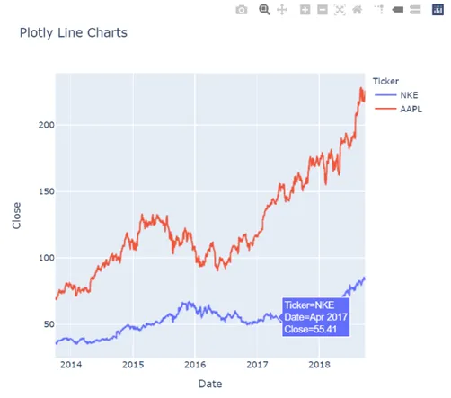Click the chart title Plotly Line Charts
point(73,33)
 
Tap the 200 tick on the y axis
point(38,125)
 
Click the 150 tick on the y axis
point(38,191)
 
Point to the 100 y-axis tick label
point(38,258)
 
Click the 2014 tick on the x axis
point(71,365)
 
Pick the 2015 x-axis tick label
point(133,365)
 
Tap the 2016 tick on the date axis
point(195,365)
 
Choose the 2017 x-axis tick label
point(258,365)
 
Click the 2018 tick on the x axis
point(320,365)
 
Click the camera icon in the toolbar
point(242,10)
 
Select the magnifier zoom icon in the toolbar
point(264,10)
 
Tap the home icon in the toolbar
point(358,10)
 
